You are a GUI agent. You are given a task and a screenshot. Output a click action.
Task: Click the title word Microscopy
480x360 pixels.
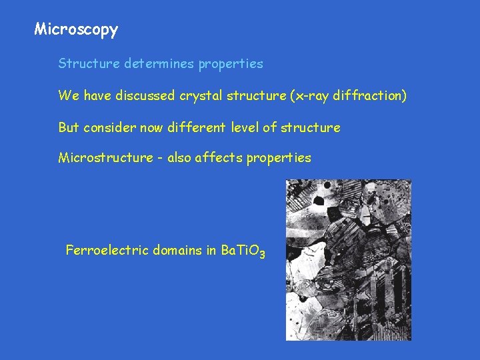76,29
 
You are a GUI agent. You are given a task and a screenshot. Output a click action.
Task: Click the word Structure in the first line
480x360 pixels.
88,64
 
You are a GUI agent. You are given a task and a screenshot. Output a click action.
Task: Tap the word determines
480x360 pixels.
158,64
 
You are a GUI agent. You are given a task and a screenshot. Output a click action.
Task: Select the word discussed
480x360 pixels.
145,95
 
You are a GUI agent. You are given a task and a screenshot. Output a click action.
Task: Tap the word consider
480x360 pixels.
109,127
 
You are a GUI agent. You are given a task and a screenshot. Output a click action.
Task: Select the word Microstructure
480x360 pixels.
105,157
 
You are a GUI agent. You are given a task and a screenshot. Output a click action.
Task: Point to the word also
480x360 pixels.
180,157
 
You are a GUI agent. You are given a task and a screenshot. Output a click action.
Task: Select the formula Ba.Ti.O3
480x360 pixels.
243,251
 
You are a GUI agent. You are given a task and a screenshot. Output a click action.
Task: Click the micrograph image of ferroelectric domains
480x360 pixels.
348,260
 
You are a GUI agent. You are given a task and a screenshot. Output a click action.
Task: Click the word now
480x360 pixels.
148,127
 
